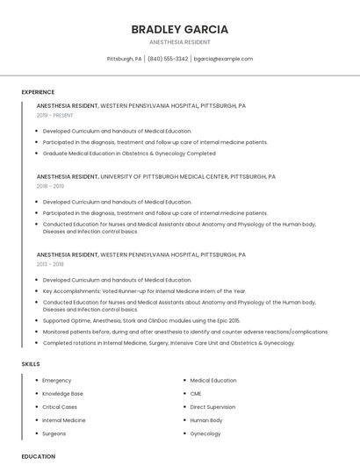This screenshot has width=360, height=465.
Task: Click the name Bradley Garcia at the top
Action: click(x=179, y=29)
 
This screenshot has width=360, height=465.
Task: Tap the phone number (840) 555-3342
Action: click(x=168, y=59)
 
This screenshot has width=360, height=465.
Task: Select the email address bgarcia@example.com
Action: click(x=223, y=59)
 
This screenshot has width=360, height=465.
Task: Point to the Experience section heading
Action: click(x=38, y=92)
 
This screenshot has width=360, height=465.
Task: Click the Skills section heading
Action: click(x=31, y=363)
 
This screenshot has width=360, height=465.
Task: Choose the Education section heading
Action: click(x=38, y=456)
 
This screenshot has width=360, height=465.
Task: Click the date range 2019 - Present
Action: click(x=55, y=115)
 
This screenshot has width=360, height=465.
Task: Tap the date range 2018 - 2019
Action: click(x=50, y=186)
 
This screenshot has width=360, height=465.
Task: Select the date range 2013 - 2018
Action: click(x=50, y=263)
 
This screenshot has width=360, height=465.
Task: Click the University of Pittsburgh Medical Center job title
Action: click(x=156, y=176)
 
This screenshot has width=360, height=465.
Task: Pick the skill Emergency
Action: click(x=57, y=381)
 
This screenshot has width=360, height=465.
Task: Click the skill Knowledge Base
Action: click(x=62, y=394)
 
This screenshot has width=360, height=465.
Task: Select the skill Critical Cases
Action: click(x=60, y=407)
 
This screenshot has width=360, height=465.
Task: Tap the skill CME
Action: click(x=196, y=394)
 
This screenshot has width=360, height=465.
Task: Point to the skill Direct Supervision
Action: click(x=212, y=407)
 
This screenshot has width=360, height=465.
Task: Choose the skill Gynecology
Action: click(x=205, y=433)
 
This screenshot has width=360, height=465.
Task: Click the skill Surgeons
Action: click(x=54, y=433)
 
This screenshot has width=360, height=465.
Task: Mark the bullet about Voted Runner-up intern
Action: click(x=144, y=290)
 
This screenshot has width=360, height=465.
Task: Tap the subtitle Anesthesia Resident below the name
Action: click(x=179, y=42)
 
